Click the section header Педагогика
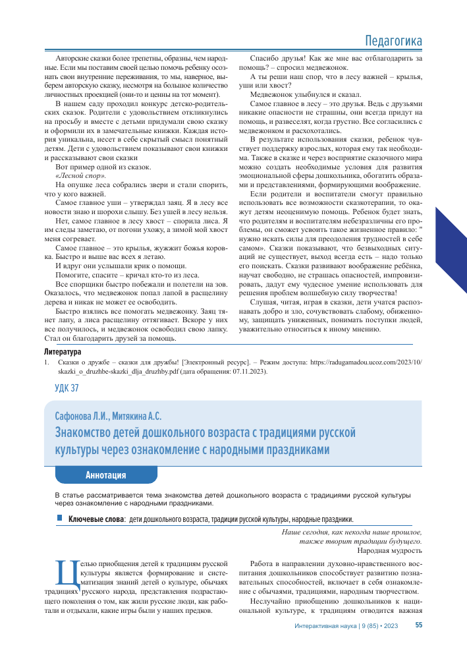pyautogui.click(x=393, y=42)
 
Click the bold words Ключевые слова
pyautogui.click(x=96, y=519)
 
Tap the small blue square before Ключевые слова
pyautogui.click(x=59, y=519)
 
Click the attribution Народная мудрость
pyautogui.click(x=389, y=550)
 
